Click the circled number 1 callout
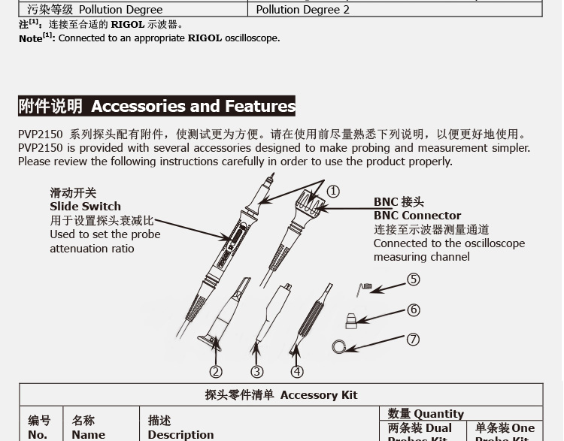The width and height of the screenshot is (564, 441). pyautogui.click(x=332, y=192)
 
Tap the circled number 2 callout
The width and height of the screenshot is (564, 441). pyautogui.click(x=216, y=371)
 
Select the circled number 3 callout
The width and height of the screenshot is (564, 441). pyautogui.click(x=257, y=371)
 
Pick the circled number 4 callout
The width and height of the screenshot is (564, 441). pyautogui.click(x=297, y=371)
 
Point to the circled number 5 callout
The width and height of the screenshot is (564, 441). pyautogui.click(x=413, y=279)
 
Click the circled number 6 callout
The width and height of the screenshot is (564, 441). pyautogui.click(x=413, y=310)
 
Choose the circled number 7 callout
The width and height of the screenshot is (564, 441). pyautogui.click(x=413, y=340)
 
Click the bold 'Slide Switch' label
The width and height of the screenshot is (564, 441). pyautogui.click(x=85, y=207)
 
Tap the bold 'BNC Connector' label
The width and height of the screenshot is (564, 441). pyautogui.click(x=417, y=216)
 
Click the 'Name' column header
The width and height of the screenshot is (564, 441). pyautogui.click(x=88, y=434)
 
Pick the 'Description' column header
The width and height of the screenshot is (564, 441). pyautogui.click(x=180, y=434)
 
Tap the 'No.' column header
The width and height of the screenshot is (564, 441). pyautogui.click(x=38, y=434)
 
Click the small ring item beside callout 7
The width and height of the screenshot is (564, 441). pyautogui.click(x=339, y=346)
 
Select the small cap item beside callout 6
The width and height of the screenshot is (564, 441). pyautogui.click(x=351, y=321)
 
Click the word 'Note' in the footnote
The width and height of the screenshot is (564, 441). pyautogui.click(x=31, y=38)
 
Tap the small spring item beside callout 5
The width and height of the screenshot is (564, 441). pyautogui.click(x=365, y=288)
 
